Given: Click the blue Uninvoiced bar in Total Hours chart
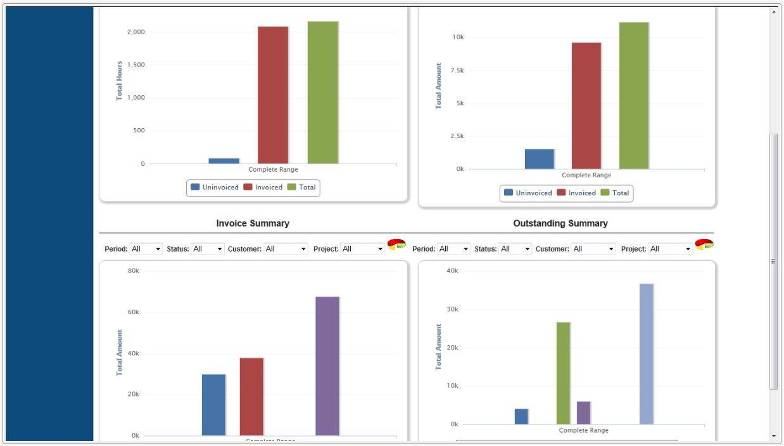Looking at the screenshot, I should [x=224, y=161].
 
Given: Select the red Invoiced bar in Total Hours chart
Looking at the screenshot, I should [x=273, y=95].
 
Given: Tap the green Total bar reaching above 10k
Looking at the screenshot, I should [x=634, y=95].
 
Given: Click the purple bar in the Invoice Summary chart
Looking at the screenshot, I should [x=327, y=366].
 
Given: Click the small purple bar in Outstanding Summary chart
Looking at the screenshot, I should [x=583, y=412].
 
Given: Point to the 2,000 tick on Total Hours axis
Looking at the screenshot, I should [x=136, y=32].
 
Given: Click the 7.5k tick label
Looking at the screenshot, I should [x=456, y=70].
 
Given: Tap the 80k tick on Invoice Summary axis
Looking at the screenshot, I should [x=134, y=271].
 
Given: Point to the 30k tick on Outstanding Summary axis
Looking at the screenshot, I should [x=450, y=310].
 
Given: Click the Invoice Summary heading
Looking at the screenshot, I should [x=253, y=224].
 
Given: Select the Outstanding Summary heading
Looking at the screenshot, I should [x=560, y=224].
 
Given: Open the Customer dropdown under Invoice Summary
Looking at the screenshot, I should [x=286, y=249].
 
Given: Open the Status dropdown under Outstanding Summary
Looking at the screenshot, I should [x=515, y=249].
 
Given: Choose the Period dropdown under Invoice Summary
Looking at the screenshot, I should [x=146, y=249].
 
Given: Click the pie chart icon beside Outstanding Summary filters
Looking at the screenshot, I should [x=704, y=245].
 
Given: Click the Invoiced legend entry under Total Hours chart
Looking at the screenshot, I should [x=263, y=188].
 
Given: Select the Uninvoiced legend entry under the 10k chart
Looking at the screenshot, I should [x=528, y=193].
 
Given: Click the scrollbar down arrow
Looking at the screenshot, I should [x=774, y=436].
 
